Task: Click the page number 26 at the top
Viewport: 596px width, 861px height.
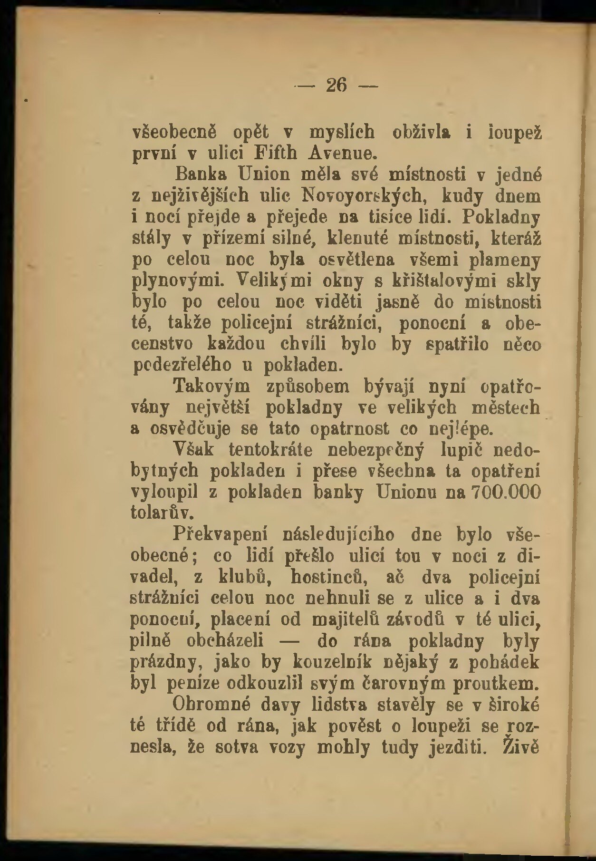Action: [x=336, y=86]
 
